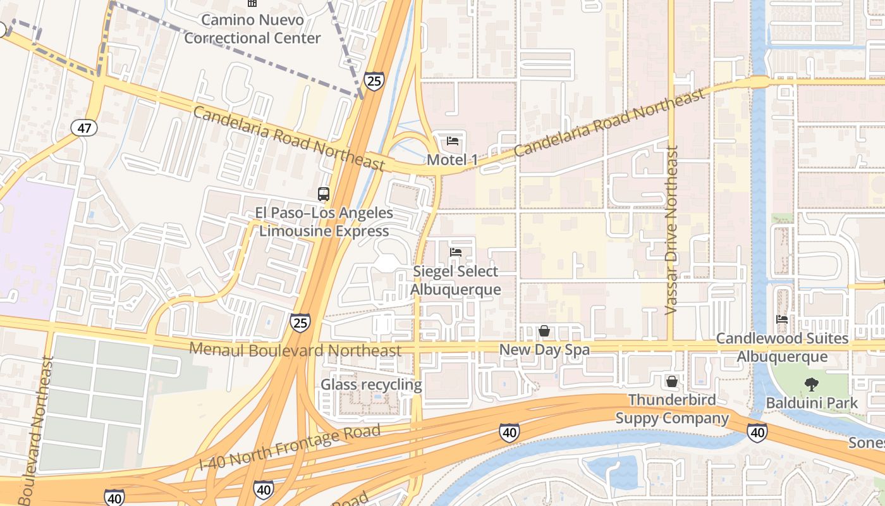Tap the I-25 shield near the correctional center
374,80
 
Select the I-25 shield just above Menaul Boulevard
300,323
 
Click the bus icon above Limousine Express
324,194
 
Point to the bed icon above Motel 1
453,140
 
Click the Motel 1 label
452,160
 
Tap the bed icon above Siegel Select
455,252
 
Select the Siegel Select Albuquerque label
456,280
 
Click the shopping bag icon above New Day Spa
544,331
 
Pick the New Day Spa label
544,350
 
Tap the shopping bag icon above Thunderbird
672,381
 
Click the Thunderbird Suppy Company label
673,409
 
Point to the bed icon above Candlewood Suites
782,319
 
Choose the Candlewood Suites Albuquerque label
782,347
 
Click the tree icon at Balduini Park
811,384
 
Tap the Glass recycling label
371,385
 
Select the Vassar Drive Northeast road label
672,231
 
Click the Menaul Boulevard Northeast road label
295,350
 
